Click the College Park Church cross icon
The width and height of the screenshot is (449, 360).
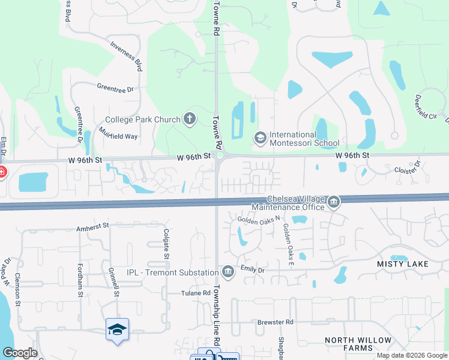(190, 119)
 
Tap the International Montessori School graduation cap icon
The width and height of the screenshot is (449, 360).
(260, 139)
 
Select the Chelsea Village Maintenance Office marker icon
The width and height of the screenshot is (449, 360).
(333, 203)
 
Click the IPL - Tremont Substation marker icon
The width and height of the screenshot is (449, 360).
(228, 272)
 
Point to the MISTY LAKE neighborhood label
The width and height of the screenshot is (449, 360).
(402, 264)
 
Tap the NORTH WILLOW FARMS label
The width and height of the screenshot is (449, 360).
(358, 344)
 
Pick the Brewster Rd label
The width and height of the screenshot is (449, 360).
(275, 322)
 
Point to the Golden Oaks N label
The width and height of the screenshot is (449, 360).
(259, 220)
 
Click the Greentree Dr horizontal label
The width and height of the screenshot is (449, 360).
(115, 88)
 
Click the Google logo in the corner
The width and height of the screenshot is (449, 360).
(20, 353)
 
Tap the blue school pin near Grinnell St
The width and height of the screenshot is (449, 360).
(118, 329)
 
